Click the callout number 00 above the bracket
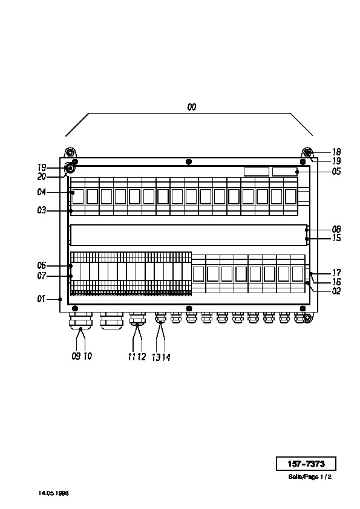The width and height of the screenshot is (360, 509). click(x=192, y=107)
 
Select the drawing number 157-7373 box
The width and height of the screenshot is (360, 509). click(x=306, y=464)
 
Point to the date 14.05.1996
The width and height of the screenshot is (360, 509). click(x=54, y=493)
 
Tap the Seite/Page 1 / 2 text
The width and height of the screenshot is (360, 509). click(x=310, y=477)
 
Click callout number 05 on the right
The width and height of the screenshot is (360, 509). click(x=336, y=171)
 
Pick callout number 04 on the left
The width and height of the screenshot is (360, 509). click(x=42, y=192)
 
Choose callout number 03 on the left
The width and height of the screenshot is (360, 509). click(x=42, y=210)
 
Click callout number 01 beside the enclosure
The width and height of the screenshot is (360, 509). click(x=41, y=299)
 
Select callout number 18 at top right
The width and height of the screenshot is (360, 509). click(x=336, y=152)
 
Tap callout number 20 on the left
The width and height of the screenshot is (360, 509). click(x=42, y=177)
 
